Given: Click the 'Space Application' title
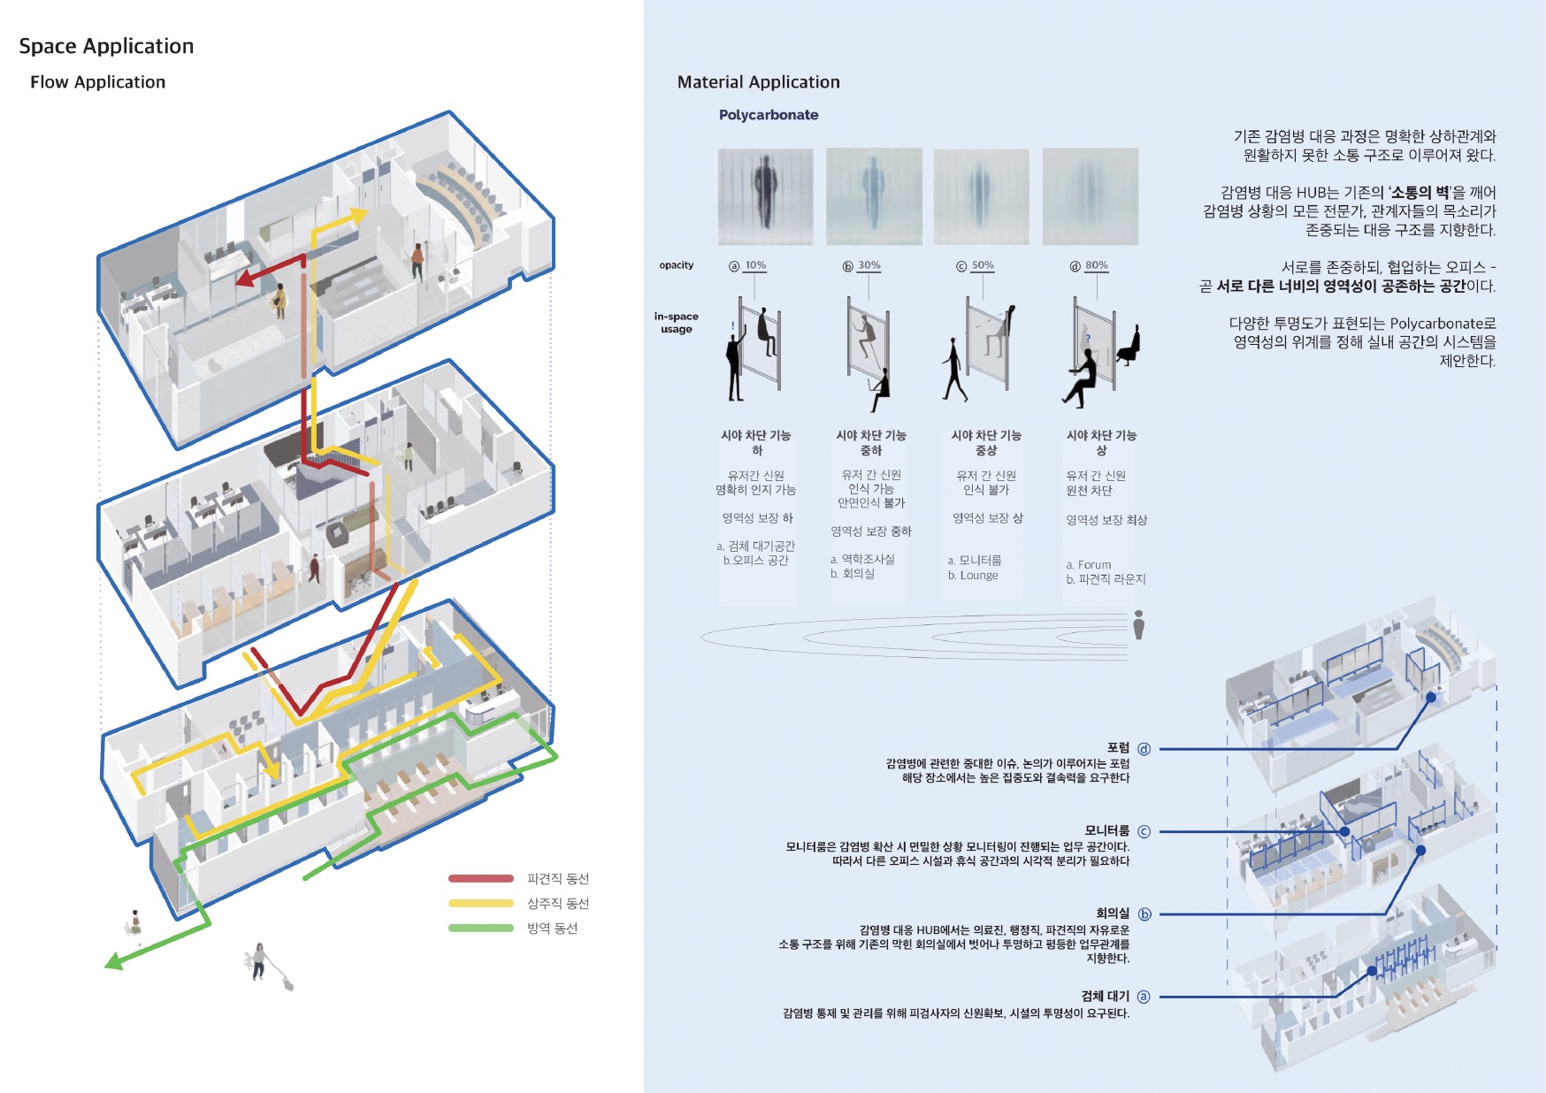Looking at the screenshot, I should [106, 46].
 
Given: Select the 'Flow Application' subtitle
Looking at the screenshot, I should [97, 82].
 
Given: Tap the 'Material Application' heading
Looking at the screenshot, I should [758, 82].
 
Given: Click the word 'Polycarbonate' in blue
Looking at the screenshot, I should [768, 115].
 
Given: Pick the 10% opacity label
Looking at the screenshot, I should [754, 265].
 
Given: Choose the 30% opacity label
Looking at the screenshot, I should [869, 265].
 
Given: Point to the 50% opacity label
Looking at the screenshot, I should [982, 265].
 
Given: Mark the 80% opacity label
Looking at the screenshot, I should [1096, 265].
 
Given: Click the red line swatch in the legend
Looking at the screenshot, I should [480, 878].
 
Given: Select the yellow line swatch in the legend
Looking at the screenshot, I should [480, 903].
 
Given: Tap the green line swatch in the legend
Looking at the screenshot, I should [480, 928].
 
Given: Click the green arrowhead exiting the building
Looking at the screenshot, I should [113, 962].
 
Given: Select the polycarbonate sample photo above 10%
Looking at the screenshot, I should [765, 196].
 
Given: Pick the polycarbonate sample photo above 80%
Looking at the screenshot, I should [1090, 196].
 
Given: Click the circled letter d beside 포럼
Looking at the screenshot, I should [1144, 749].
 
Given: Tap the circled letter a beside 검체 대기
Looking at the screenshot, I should [1144, 997].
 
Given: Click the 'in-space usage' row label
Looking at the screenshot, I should [676, 323].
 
